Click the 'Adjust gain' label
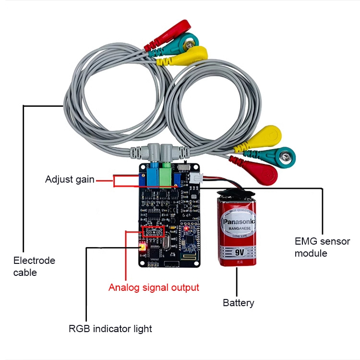point(70,180)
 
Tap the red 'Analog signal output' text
point(154,287)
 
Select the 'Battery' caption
point(239,303)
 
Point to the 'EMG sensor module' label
point(322,247)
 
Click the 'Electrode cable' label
point(34,266)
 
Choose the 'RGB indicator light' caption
point(110,329)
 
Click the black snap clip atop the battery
point(236,193)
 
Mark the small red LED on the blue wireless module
point(186,229)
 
